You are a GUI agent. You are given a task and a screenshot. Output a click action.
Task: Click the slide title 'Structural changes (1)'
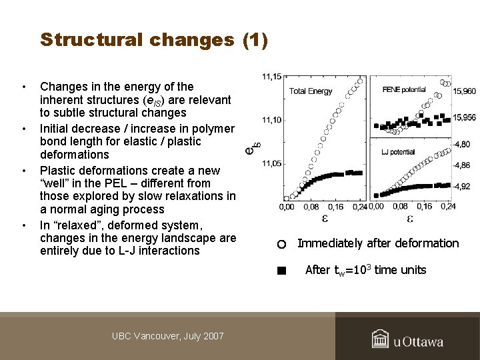pos(154,40)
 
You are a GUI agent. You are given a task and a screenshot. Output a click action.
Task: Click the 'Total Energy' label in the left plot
pos(311,91)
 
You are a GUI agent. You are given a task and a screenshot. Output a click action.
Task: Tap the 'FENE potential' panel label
pos(404,89)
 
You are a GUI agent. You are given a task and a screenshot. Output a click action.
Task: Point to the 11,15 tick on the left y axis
pos(271,77)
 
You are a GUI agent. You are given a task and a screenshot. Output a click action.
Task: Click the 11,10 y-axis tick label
pos(271,120)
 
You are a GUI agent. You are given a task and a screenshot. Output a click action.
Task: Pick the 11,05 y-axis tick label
pos(271,163)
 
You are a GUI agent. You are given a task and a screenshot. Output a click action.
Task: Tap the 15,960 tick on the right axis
pos(465,91)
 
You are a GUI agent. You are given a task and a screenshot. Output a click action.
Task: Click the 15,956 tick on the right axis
pos(465,117)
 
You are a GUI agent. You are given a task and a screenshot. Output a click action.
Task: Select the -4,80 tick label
pos(463,144)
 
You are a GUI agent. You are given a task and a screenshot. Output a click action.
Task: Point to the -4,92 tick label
pos(463,187)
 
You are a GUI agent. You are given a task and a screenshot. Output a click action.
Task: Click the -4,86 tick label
pos(463,165)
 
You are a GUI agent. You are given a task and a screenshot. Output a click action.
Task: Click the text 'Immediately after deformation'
pos(378,243)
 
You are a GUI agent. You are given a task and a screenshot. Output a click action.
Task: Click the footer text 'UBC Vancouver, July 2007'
pos(167,336)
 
